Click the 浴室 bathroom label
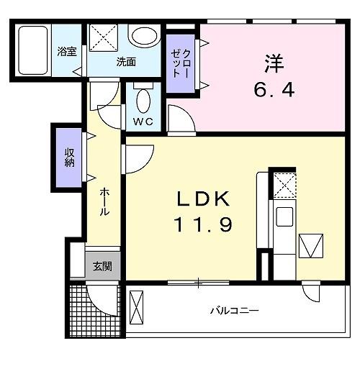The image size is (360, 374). point(66,51)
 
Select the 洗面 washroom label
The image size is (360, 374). point(126,62)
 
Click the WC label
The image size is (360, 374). point(143,122)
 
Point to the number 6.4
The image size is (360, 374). point(271,91)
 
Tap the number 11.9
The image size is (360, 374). point(202,226)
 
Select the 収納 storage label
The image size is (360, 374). point(70,156)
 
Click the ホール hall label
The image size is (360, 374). point(105,202)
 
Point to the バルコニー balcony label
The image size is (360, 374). point(234,311)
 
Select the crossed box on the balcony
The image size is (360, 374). point(138,311)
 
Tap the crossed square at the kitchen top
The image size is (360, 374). point(284,185)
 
